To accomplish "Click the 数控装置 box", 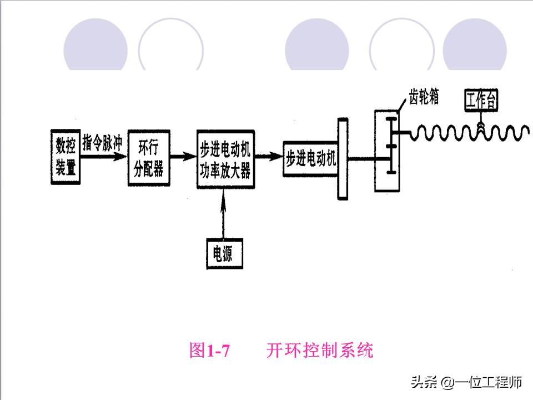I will pyautogui.click(x=66, y=157).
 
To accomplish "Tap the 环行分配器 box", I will pyautogui.click(x=148, y=159).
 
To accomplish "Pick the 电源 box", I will pyautogui.click(x=223, y=254).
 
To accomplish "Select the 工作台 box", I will pyautogui.click(x=481, y=101).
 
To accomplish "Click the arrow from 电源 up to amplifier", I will pyautogui.click(x=223, y=214).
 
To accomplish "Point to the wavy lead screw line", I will pyautogui.click(x=455, y=133).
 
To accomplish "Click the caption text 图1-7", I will pyautogui.click(x=209, y=351).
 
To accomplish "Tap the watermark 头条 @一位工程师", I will pyautogui.click(x=466, y=382).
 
